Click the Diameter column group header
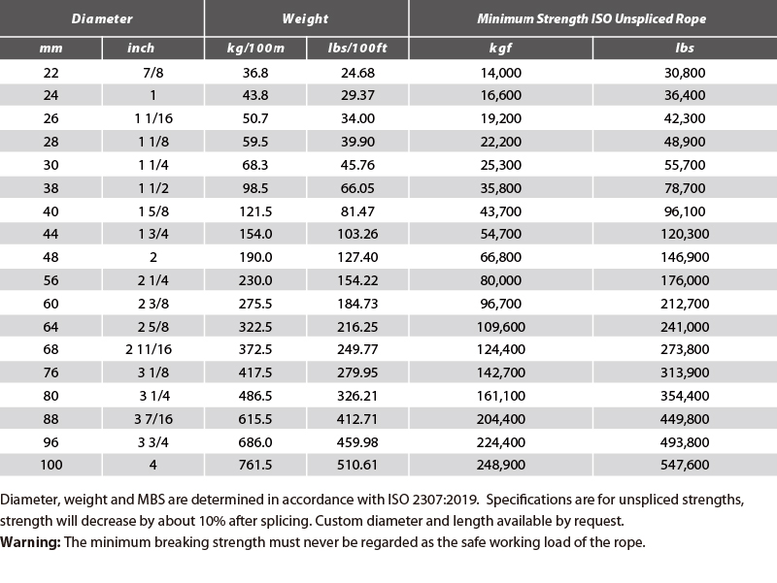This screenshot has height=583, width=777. [x=102, y=18]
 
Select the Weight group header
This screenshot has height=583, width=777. [x=305, y=18]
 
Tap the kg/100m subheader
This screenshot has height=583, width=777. [x=255, y=48]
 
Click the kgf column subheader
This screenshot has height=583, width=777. [x=500, y=48]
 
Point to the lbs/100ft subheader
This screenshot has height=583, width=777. [x=357, y=48]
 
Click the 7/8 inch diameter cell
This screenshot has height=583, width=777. [x=153, y=73]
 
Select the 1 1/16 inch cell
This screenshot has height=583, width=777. [x=153, y=118]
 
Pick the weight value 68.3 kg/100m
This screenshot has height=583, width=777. [x=255, y=165]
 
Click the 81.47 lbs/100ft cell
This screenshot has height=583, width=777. [x=357, y=211]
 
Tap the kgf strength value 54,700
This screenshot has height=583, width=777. [x=500, y=234]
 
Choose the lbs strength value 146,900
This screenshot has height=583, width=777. [x=685, y=257]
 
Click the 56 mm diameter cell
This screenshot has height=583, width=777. [x=51, y=280]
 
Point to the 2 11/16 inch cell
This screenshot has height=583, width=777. [x=149, y=349]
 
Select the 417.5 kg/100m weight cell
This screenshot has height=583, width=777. [x=255, y=372]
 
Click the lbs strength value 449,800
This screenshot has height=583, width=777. [x=685, y=419]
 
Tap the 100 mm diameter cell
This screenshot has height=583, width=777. [x=51, y=465]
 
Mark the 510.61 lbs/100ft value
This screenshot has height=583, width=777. [x=357, y=465]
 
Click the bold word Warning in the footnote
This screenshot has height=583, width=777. [x=30, y=542]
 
